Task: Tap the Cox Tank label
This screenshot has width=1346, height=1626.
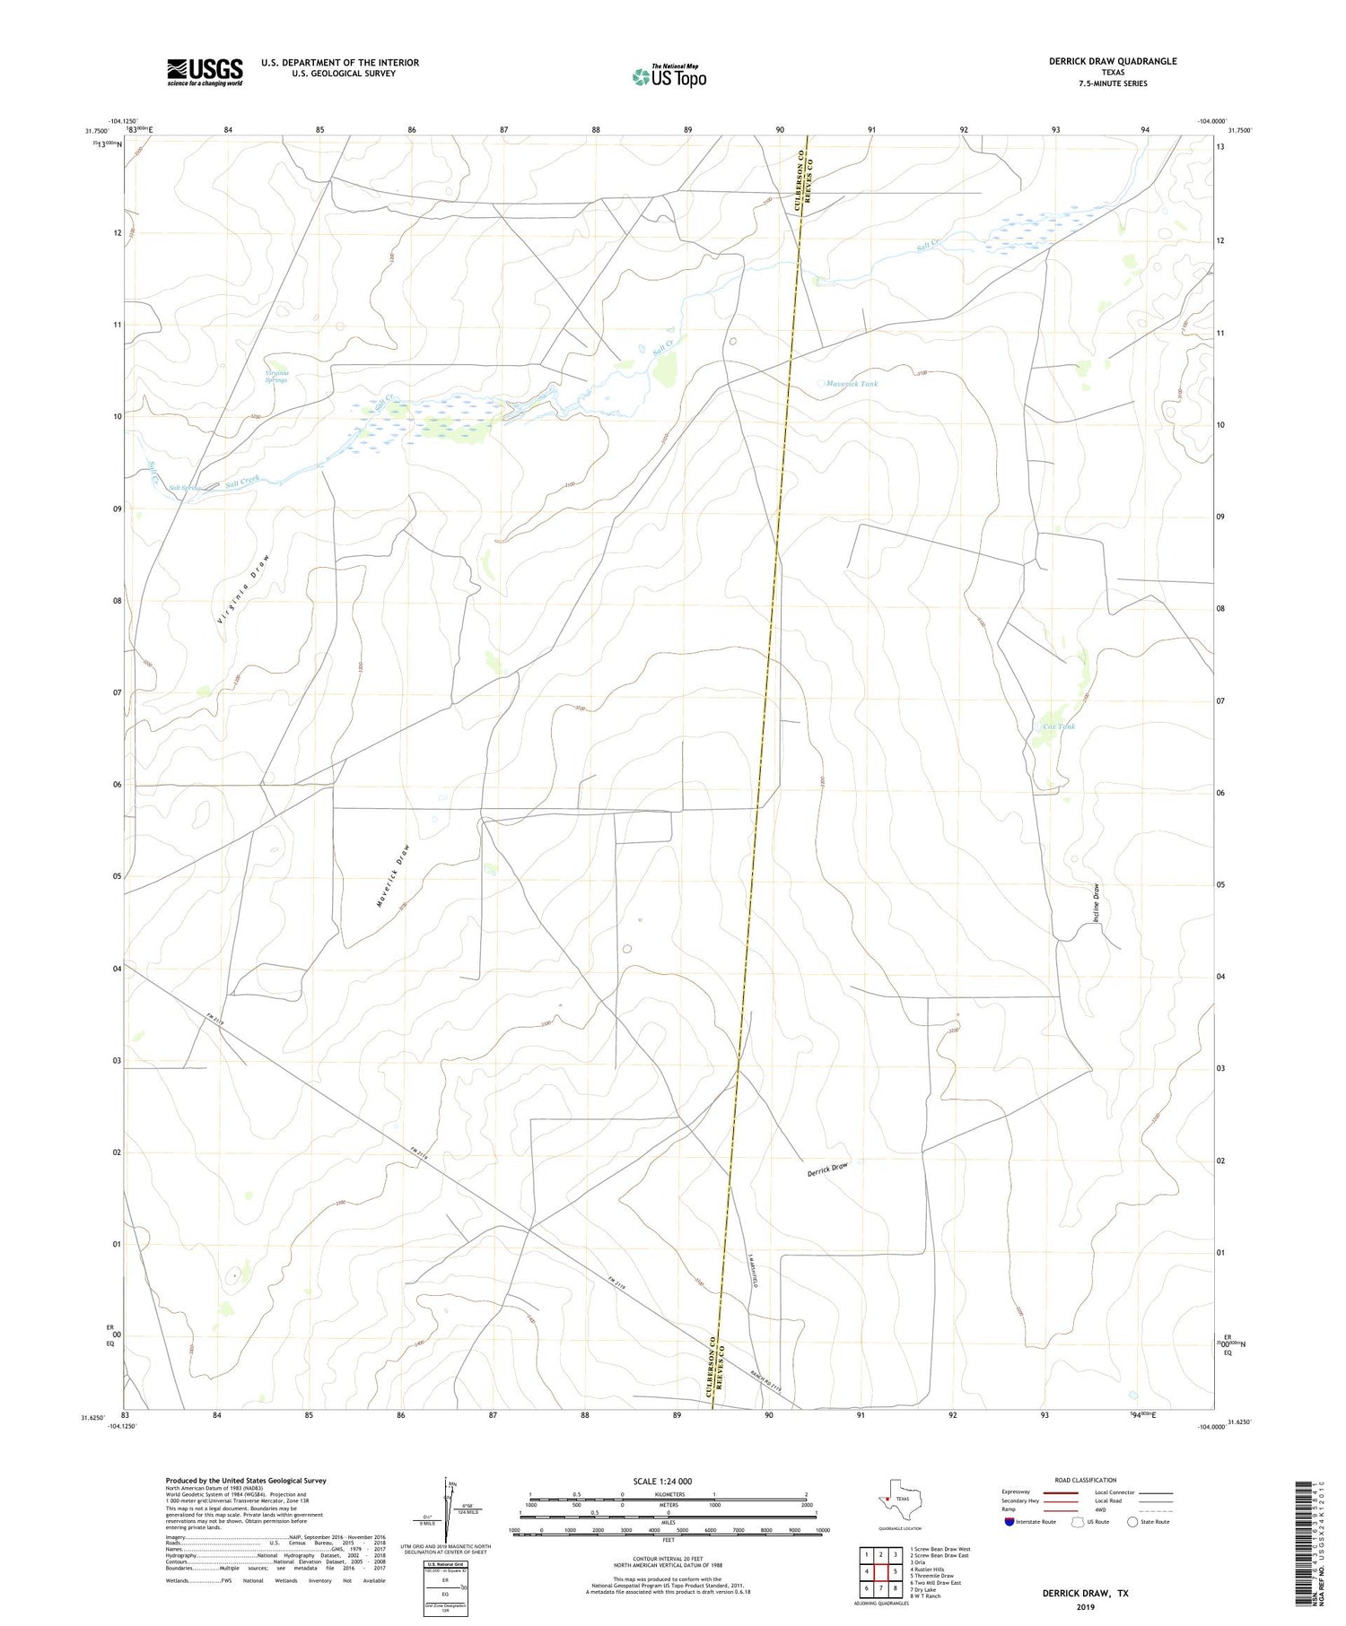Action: [1059, 726]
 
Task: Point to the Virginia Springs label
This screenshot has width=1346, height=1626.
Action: [276, 377]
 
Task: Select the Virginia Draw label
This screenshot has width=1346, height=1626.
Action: [243, 588]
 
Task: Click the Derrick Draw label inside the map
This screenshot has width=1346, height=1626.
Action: [826, 1170]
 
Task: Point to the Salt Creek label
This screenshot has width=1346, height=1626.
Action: [242, 482]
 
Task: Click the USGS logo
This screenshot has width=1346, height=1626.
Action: [205, 72]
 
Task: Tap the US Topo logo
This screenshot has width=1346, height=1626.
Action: [669, 77]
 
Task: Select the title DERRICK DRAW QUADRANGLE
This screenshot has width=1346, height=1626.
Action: [1113, 61]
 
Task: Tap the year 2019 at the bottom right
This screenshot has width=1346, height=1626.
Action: [1085, 1606]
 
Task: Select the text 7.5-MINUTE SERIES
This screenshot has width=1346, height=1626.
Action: [1113, 83]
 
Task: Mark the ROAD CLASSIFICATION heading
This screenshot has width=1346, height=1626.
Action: [1086, 1481]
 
